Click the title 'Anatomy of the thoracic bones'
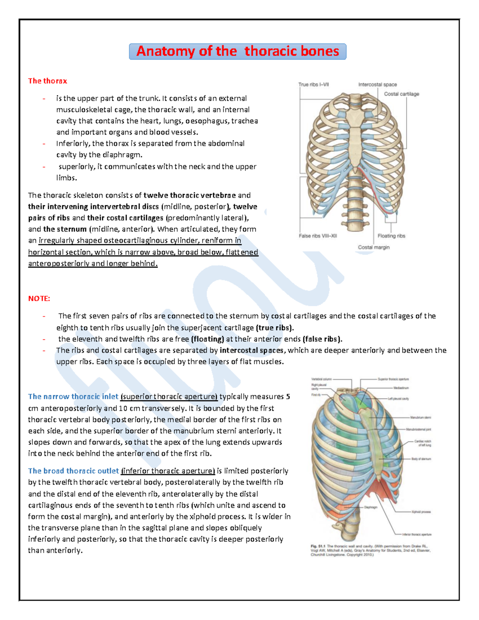tap(238, 52)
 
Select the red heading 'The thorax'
tap(47, 81)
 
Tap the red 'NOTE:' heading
tap(39, 299)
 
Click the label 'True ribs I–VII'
tap(313, 85)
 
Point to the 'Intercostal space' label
tap(377, 85)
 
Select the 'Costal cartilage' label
tap(401, 94)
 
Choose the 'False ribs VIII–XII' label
tap(318, 236)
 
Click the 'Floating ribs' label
tap(391, 236)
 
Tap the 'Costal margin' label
tap(374, 248)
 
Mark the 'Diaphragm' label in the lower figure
tap(370, 507)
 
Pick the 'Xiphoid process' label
tap(421, 512)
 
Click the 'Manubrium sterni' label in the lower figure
tap(420, 418)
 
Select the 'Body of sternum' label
tap(421, 459)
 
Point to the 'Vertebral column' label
tap(321, 379)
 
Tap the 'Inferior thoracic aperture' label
tap(417, 534)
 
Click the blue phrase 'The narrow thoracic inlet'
tap(73, 397)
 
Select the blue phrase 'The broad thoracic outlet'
tap(73, 471)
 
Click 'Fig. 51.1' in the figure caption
tap(318, 546)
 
